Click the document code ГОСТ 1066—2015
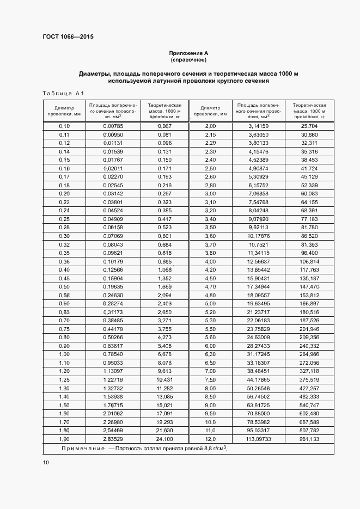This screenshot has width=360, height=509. (68, 38)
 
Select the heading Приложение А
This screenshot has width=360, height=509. (188, 53)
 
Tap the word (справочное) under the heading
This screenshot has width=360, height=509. (188, 59)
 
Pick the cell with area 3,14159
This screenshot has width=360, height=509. (258, 126)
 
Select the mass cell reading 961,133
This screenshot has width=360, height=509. (309, 439)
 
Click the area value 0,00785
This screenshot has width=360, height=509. (113, 126)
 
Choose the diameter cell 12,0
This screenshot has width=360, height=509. (210, 439)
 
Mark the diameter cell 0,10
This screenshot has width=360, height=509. (65, 126)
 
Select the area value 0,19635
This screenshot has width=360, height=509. (113, 286)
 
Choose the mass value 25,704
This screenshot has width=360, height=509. (309, 126)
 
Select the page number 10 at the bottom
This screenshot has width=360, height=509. (46, 462)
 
